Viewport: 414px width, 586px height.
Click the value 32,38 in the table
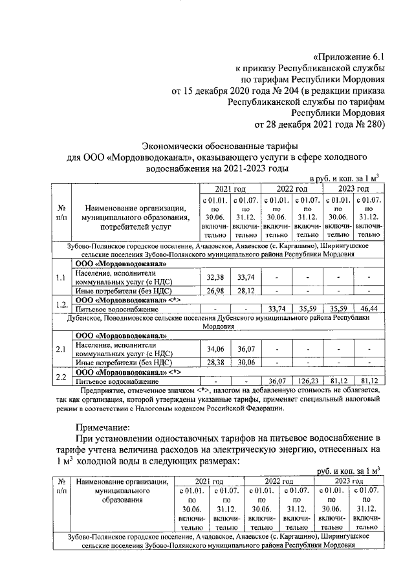click(x=213, y=277)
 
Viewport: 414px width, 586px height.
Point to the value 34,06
click(x=213, y=350)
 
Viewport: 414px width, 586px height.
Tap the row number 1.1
click(x=61, y=278)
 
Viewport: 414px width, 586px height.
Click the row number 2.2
click(x=61, y=377)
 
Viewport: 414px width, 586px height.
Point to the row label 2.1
click(x=61, y=350)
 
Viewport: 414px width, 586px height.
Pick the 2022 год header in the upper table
click(x=292, y=188)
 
